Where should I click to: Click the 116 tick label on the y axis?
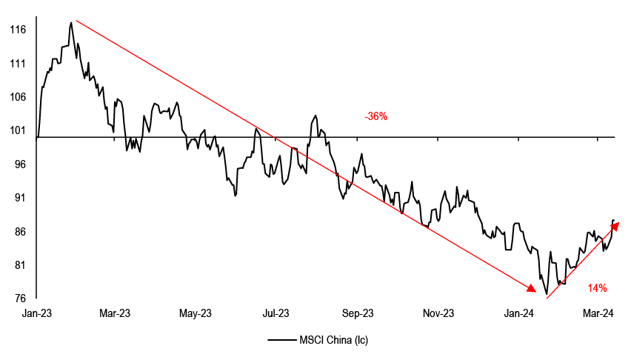click(19, 30)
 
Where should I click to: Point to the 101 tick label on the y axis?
click(19, 131)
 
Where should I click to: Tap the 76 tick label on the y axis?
click(20, 299)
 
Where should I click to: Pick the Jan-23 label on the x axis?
click(37, 314)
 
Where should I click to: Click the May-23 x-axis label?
click(196, 314)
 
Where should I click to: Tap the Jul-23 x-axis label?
click(276, 314)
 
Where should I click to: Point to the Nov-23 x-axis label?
click(438, 314)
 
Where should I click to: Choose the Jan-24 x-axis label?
click(518, 314)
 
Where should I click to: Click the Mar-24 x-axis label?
click(598, 314)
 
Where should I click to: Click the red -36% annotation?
click(375, 117)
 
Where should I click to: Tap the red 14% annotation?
click(598, 287)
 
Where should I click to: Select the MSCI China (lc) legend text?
click(333, 341)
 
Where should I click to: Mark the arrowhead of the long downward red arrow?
click(531, 288)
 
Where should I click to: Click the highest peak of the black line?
click(71, 23)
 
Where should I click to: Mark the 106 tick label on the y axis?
click(19, 97)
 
